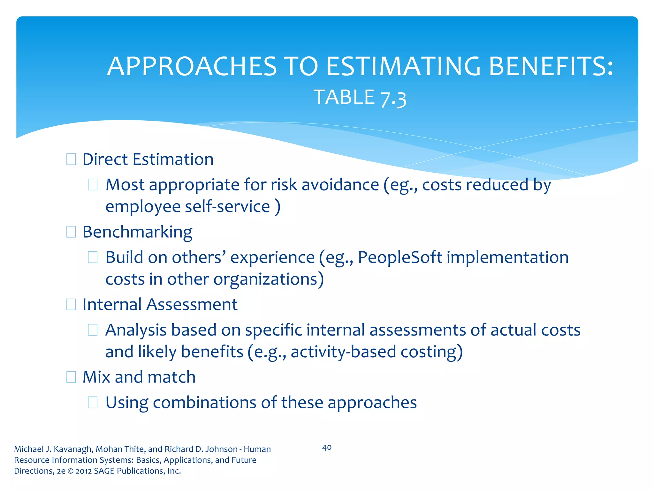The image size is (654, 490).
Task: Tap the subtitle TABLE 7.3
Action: (360, 97)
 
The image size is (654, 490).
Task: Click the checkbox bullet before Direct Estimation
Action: (71, 159)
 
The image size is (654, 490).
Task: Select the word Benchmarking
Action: (137, 232)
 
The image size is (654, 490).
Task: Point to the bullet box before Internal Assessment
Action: (71, 304)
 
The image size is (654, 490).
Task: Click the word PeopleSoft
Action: (400, 257)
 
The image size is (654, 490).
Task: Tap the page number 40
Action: (327, 448)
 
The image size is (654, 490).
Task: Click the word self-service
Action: (227, 206)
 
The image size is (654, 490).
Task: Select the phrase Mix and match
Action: (139, 377)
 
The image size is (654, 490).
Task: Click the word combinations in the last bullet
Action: (204, 403)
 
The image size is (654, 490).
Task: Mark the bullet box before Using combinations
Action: (93, 403)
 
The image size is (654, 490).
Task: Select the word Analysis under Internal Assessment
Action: (136, 330)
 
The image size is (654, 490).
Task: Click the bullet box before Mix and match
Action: (71, 377)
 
